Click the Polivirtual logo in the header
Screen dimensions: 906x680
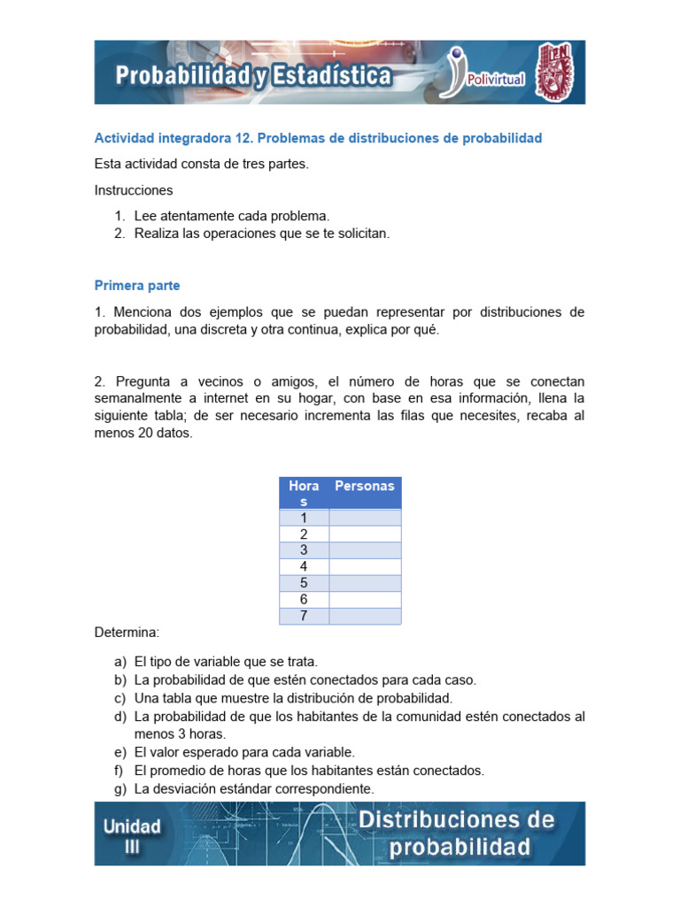coord(486,73)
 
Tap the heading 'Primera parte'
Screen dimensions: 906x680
coord(137,286)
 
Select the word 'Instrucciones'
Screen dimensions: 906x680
coord(134,190)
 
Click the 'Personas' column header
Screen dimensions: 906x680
coord(364,487)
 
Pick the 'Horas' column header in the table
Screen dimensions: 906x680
coord(304,494)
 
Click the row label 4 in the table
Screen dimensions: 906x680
coord(304,566)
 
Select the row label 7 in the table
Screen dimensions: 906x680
coord(304,616)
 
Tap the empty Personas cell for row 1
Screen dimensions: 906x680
coord(365,518)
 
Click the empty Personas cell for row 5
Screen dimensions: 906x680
coord(365,583)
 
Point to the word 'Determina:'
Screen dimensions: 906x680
coord(127,633)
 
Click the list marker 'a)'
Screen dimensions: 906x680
coord(120,662)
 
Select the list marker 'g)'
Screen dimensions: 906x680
coord(120,788)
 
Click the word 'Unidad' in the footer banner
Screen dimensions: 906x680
coord(133,826)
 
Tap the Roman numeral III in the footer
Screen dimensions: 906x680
coord(133,846)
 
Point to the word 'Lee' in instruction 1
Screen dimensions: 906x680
coord(146,216)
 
